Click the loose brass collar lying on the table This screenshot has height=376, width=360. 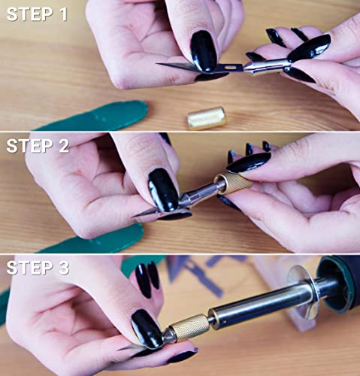tap(207, 117)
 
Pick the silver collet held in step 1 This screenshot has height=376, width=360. tap(259, 66)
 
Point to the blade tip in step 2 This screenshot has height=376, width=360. tap(138, 216)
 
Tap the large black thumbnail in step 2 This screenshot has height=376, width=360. tap(163, 190)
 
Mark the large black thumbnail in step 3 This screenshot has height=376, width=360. tap(146, 329)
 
